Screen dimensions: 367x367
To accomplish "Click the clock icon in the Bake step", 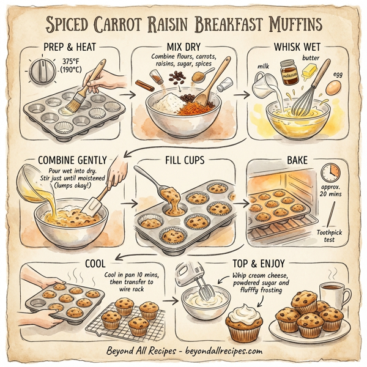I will point(330,172).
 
